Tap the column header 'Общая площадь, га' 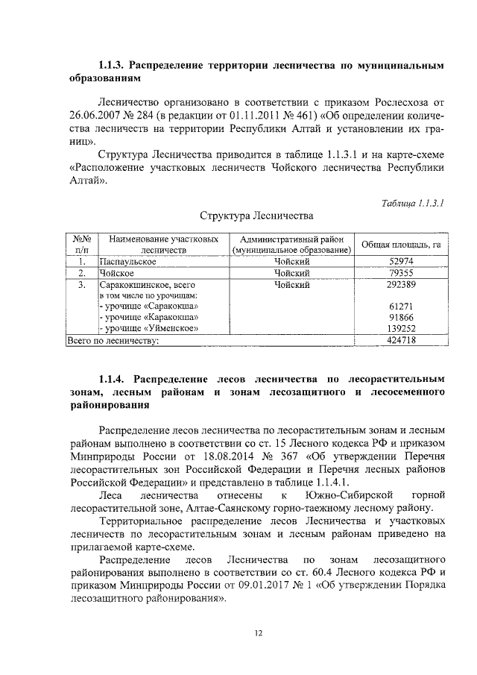click(x=401, y=245)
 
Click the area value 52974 click(x=401, y=262)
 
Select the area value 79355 click(x=401, y=273)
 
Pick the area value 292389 click(x=401, y=284)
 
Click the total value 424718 click(x=401, y=340)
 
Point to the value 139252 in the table click(x=401, y=328)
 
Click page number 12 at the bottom click(x=258, y=633)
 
